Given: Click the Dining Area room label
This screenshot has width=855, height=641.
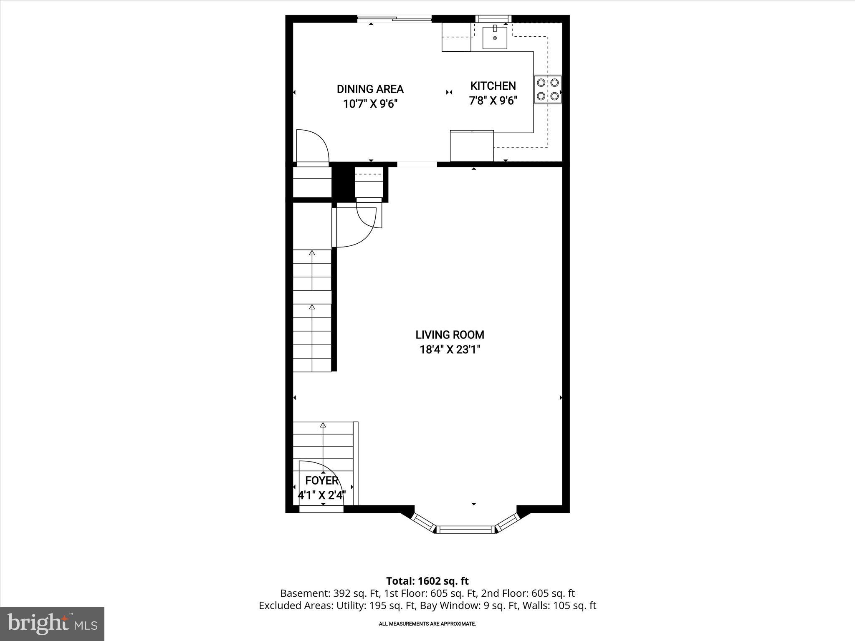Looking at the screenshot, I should click(370, 89).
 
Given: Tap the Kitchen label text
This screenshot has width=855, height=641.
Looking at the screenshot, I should click(493, 86).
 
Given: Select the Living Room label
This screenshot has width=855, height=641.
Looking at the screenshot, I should click(450, 335).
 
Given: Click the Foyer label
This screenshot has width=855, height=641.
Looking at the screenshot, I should click(321, 480).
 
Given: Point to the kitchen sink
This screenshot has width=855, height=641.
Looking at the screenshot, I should click(495, 38).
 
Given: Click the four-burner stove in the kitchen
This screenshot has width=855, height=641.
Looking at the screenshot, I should click(547, 89).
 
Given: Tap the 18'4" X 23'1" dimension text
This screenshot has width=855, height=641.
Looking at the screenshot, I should click(450, 350).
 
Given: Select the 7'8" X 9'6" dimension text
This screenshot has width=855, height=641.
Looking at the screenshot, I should click(493, 101).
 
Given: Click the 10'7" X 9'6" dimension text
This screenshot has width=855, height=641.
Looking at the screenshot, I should click(370, 103).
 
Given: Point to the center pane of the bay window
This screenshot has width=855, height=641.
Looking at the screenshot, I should click(465, 530).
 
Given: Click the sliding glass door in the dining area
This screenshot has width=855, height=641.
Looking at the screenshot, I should click(395, 18).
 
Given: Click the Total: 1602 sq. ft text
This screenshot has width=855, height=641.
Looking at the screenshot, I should click(427, 581).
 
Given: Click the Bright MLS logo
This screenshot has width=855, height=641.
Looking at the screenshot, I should click(52, 623).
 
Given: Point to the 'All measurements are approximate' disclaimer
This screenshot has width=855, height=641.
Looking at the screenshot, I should click(427, 624).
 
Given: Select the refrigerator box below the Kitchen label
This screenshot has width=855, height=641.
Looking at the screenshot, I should click(472, 146).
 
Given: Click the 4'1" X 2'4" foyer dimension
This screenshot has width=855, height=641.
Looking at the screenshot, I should click(321, 495).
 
